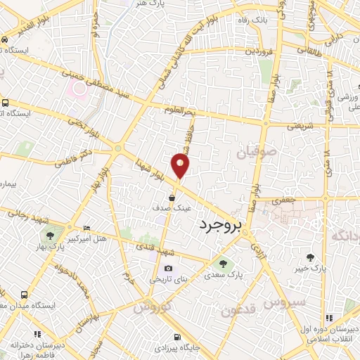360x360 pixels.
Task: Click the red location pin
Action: tap(181, 166)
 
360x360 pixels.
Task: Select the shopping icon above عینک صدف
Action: tap(172, 198)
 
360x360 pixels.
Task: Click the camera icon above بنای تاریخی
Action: tap(168, 268)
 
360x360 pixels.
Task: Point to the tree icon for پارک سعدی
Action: tap(223, 264)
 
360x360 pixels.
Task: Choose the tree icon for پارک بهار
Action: tap(50, 236)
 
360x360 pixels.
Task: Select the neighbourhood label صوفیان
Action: tap(253, 151)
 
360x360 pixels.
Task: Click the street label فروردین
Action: tap(259, 52)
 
